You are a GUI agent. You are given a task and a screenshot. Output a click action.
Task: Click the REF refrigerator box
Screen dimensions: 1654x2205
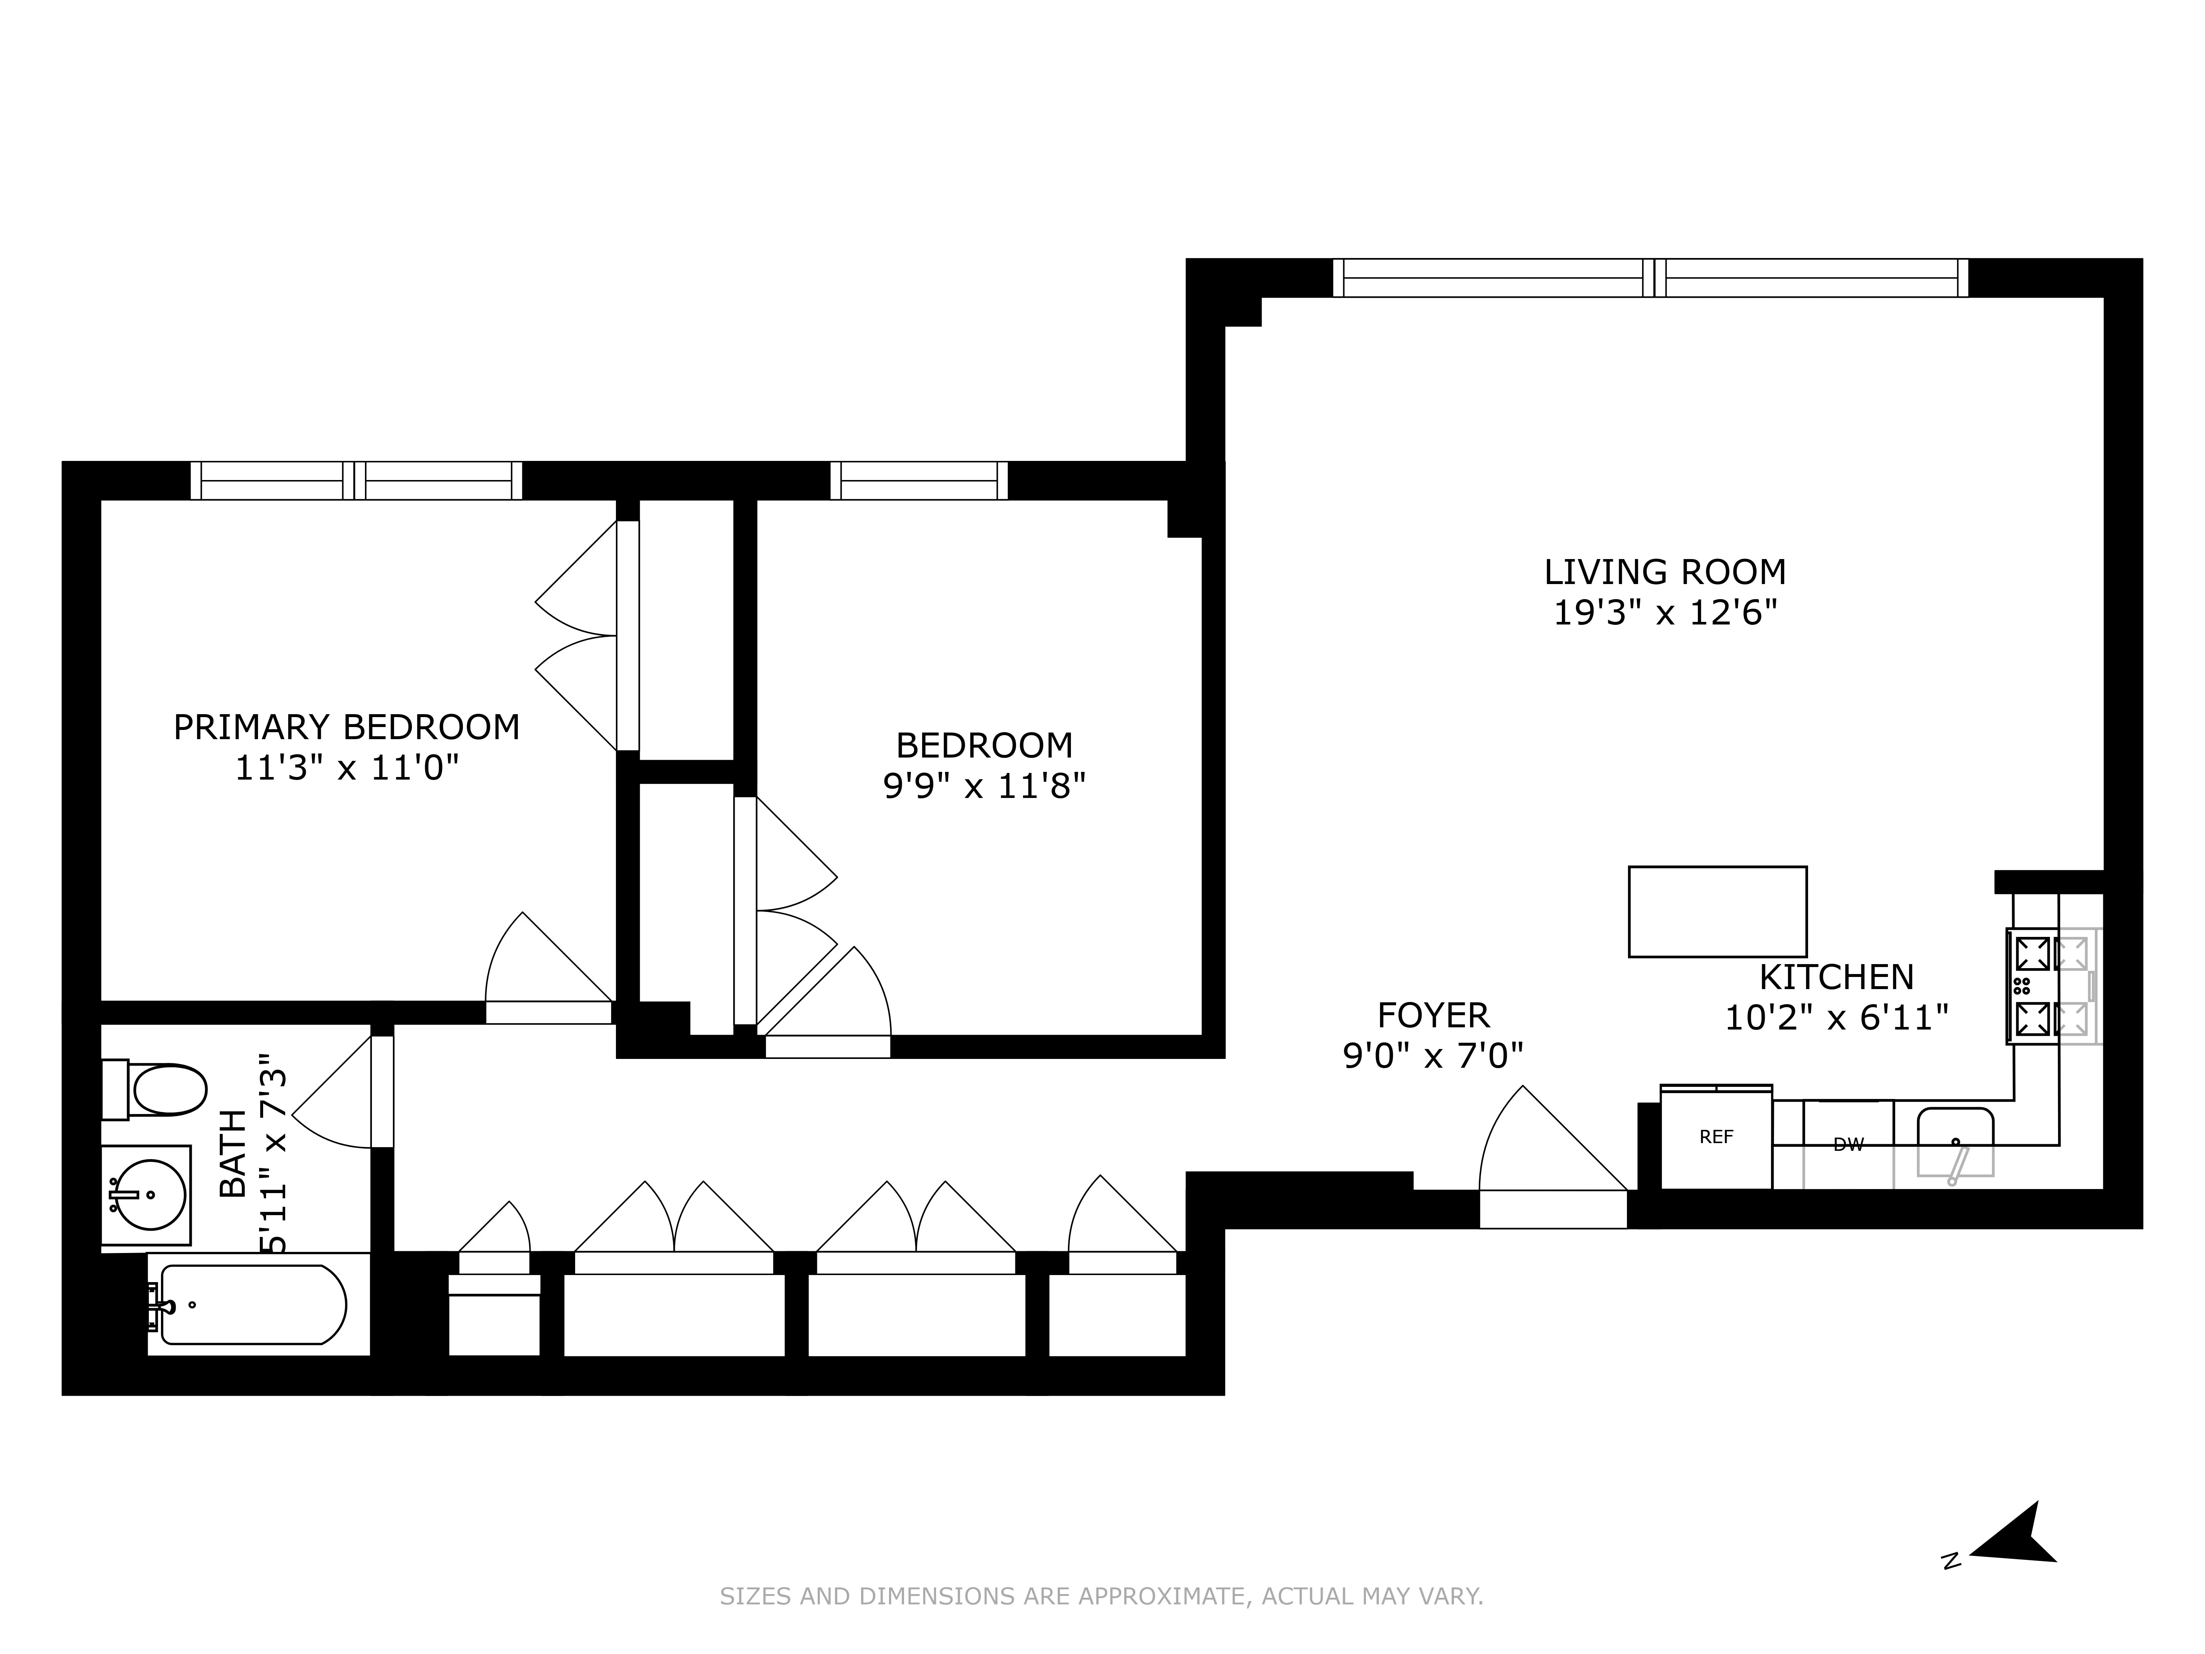point(1715,1136)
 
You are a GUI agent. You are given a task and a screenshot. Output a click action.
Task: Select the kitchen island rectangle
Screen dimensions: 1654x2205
point(1717,911)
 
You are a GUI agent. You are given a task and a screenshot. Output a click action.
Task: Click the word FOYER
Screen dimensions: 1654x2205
point(1433,1015)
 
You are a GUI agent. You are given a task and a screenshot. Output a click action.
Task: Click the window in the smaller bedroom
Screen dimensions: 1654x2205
point(918,480)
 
